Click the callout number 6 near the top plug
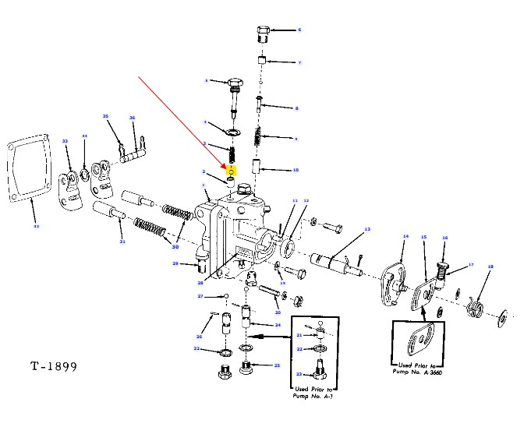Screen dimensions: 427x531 pos(299,30)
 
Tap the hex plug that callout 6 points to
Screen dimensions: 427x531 pos(263,34)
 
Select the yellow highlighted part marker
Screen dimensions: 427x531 pos(232,168)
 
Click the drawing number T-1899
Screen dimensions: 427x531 pos(55,366)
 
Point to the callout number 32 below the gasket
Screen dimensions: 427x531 pos(34,227)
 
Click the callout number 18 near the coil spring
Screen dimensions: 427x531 pos(490,266)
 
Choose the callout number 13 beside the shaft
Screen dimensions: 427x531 pos(366,229)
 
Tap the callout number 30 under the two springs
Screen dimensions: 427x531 pos(175,246)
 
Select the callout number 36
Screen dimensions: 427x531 pos(133,118)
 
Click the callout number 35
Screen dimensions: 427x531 pos(105,116)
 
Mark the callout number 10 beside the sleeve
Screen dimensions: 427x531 pos(296,169)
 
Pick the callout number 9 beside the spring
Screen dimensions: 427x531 pos(296,139)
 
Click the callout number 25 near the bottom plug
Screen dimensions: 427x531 pos(276,365)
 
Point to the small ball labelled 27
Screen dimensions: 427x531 pos(225,296)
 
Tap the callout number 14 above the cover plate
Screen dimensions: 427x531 pos(405,236)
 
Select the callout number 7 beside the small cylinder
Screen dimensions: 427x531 pos(299,62)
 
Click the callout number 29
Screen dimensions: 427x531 pos(175,264)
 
